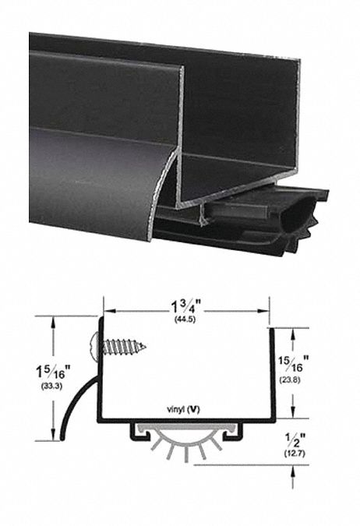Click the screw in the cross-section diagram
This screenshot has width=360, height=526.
pyautogui.click(x=117, y=344)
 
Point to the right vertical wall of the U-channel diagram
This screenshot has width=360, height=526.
pyautogui.click(x=270, y=374)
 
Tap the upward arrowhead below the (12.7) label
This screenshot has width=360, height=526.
pyautogui.click(x=293, y=471)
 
